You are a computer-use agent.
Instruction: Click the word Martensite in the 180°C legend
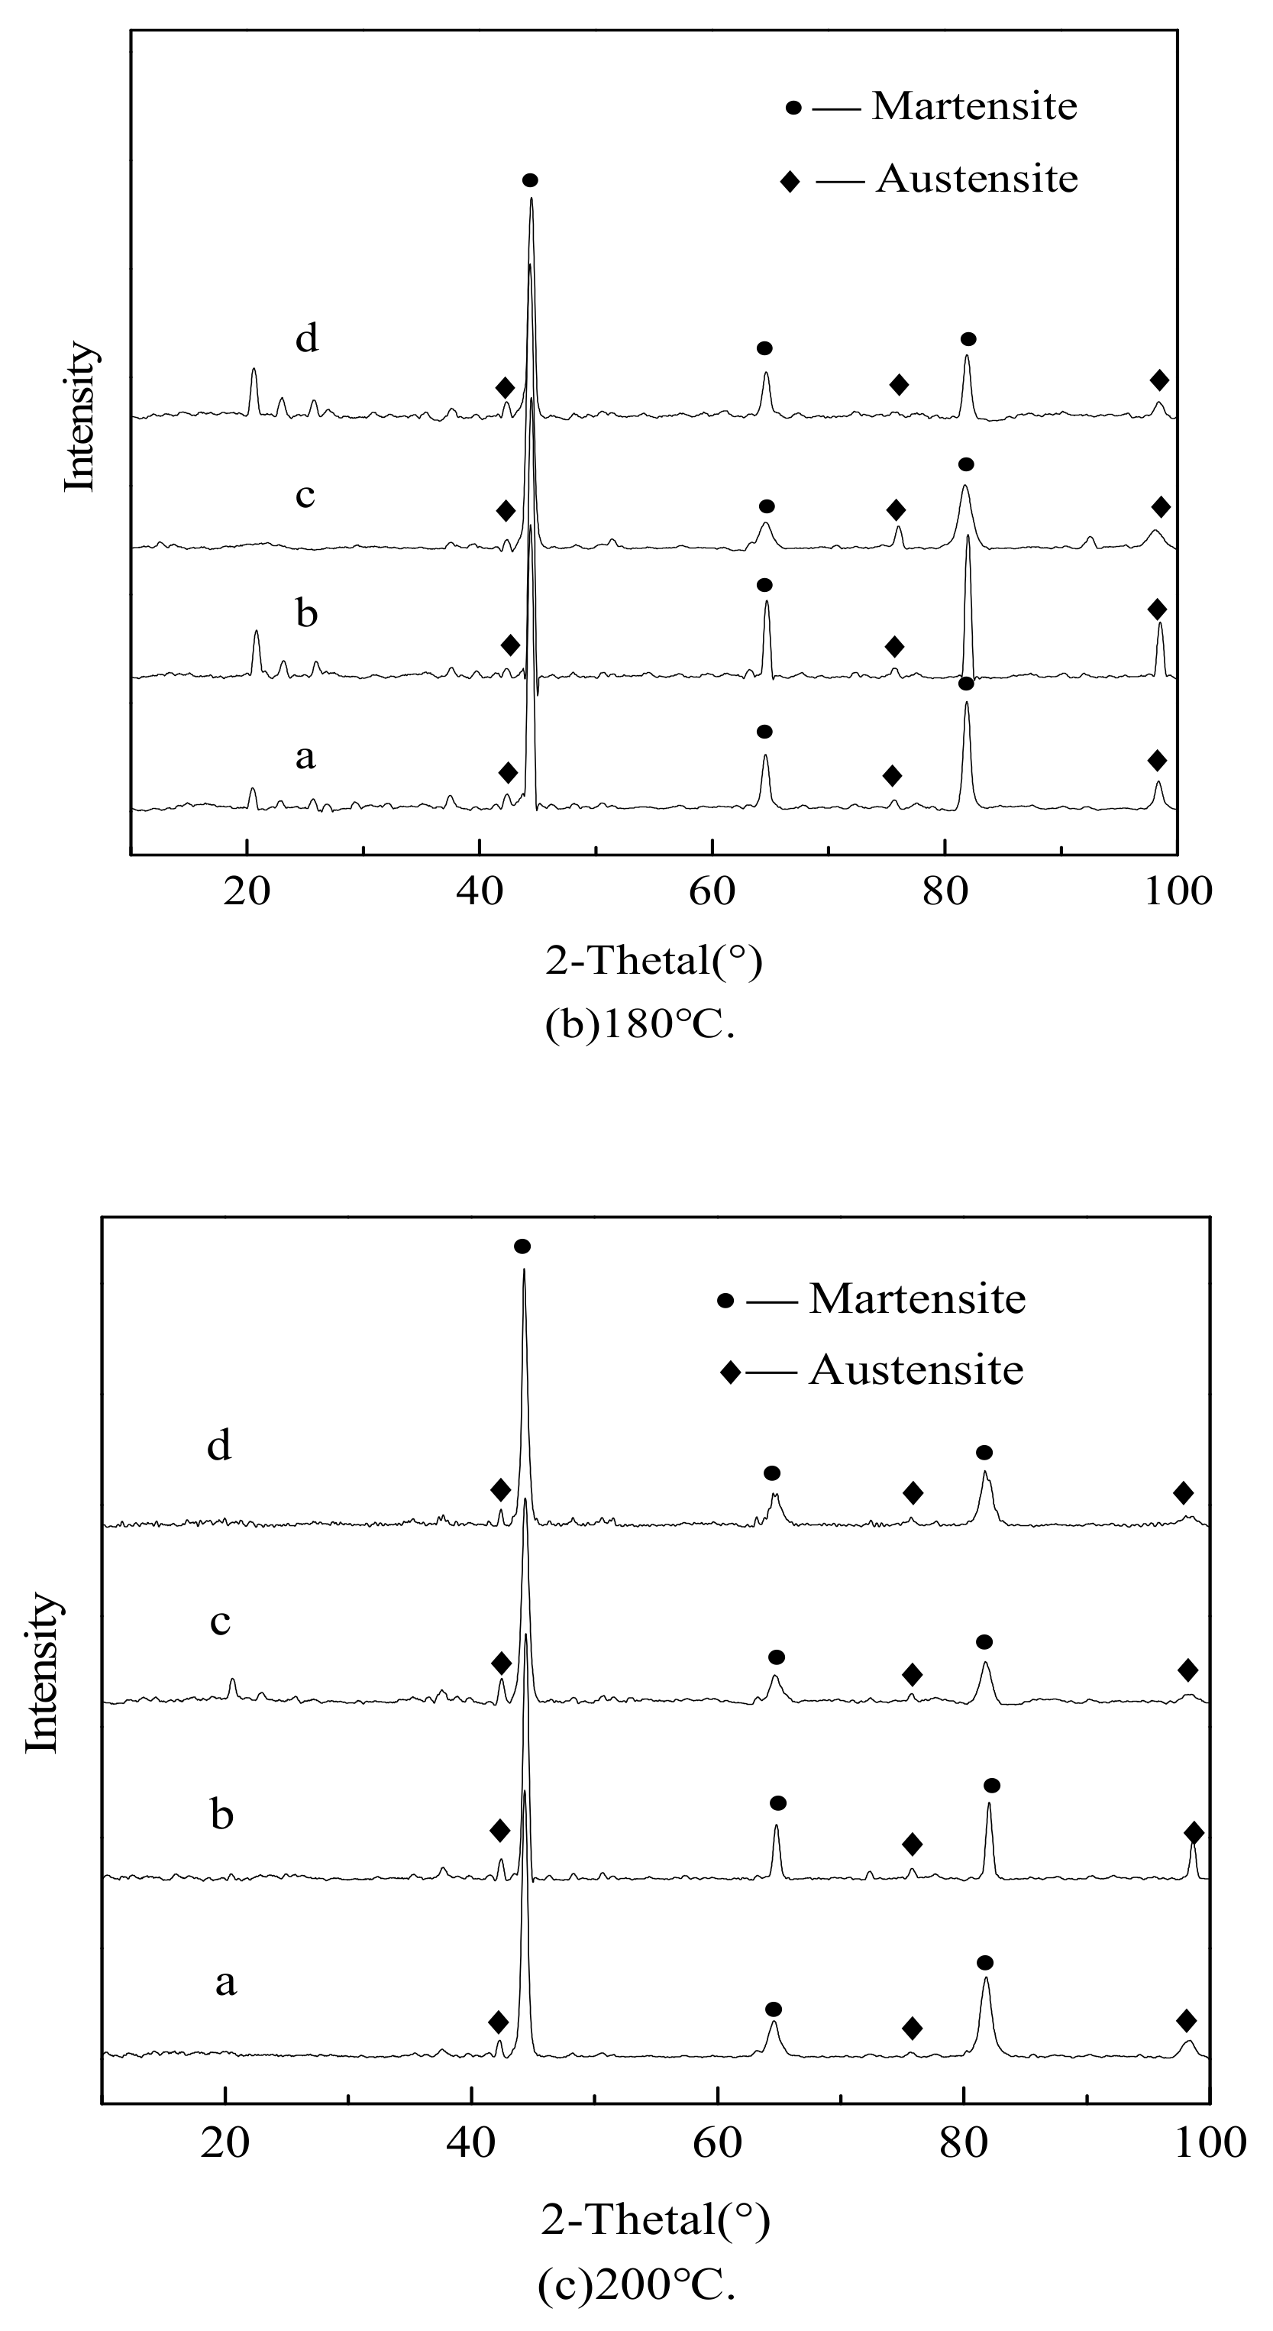(974, 107)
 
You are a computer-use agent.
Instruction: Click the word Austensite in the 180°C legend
(977, 179)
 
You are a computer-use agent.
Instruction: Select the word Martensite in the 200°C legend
(917, 1299)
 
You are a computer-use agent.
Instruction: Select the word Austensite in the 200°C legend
(916, 1370)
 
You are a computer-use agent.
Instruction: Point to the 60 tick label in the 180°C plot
(711, 892)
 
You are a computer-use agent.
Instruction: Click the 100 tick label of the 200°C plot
(1208, 2143)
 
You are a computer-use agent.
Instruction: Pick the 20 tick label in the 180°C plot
(246, 892)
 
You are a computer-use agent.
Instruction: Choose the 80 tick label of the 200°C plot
(963, 2143)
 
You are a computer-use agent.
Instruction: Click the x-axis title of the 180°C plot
(653, 961)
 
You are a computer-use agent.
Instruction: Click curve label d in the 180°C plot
(307, 338)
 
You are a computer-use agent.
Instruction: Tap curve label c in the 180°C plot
(305, 496)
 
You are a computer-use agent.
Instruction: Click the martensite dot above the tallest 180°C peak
(530, 180)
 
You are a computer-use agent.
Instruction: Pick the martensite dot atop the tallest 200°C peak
(522, 1247)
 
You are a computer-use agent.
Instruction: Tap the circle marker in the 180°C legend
(793, 108)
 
